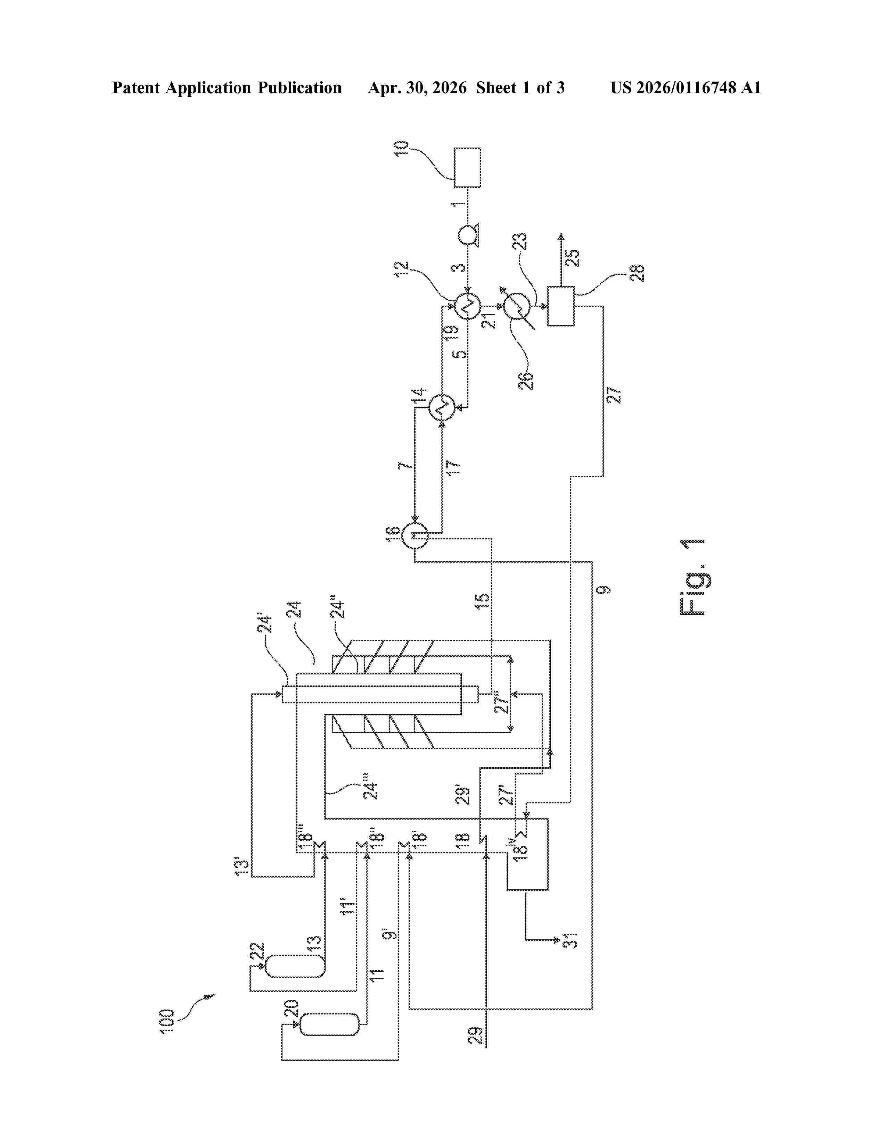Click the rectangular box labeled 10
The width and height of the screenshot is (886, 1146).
(467, 167)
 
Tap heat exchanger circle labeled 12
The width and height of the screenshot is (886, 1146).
(467, 306)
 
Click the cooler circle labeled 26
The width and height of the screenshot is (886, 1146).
(516, 306)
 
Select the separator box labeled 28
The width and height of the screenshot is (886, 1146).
(560, 306)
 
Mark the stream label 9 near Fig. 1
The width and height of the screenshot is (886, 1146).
(605, 590)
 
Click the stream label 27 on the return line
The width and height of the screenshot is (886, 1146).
(614, 395)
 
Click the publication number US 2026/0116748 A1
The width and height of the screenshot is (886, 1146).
(686, 88)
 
